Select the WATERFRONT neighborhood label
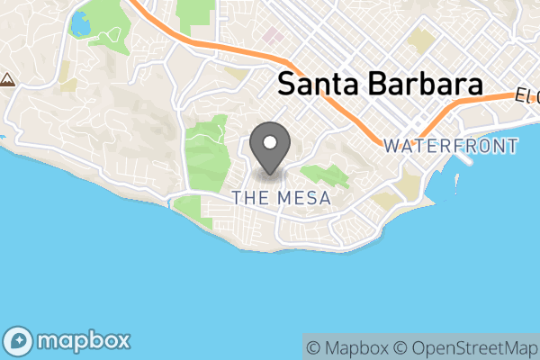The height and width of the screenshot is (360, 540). (x=450, y=146)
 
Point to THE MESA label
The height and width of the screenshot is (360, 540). (x=280, y=198)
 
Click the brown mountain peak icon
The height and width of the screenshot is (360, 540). (x=7, y=79)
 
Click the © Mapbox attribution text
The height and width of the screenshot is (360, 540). (x=346, y=346)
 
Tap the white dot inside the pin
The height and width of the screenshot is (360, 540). (x=269, y=141)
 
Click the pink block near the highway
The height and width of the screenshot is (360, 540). (x=273, y=38)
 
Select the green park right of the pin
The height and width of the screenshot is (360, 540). (x=323, y=176)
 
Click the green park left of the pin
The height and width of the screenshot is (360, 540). (x=207, y=148)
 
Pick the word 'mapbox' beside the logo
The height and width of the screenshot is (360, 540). (x=83, y=342)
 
